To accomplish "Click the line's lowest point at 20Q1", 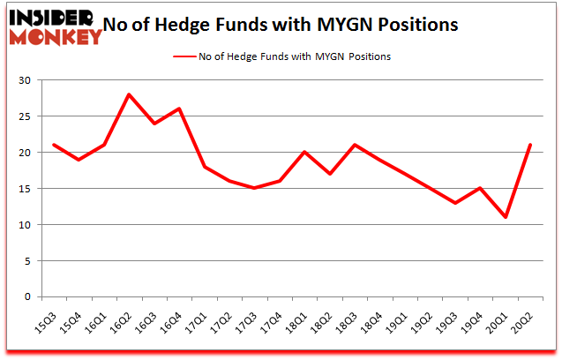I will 506,217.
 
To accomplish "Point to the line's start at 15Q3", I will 54,145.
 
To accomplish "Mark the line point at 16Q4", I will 179,109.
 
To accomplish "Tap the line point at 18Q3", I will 355,145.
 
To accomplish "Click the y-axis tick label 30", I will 26,80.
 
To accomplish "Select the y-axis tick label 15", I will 26,189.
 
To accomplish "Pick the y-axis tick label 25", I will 26,116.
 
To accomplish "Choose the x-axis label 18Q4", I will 376,318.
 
